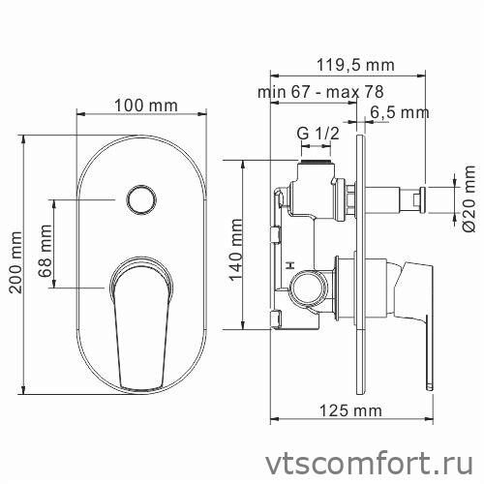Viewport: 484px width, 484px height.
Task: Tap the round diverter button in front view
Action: coord(139,200)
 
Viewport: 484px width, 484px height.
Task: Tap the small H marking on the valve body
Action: coord(290,263)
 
